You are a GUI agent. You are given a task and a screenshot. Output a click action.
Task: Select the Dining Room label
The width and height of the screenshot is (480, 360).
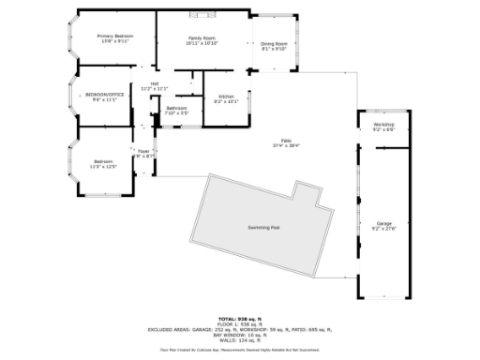click(274, 43)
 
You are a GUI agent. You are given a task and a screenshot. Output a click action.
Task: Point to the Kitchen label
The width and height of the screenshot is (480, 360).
click(226, 97)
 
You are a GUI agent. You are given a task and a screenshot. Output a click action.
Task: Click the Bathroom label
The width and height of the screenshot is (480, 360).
click(177, 108)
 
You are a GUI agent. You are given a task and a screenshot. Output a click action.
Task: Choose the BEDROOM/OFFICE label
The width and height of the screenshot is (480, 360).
click(105, 94)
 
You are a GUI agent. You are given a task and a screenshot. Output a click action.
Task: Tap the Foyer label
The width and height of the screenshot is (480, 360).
click(143, 150)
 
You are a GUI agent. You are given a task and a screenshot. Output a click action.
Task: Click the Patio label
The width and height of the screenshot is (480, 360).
click(286, 141)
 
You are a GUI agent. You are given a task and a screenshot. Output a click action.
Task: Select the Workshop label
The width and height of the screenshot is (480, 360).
click(383, 124)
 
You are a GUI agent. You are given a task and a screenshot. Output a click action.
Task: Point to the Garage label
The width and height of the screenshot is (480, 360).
click(384, 222)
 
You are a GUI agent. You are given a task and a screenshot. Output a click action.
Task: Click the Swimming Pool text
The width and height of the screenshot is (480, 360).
click(263, 227)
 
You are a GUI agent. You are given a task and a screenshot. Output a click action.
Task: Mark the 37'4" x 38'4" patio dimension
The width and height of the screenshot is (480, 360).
click(286, 145)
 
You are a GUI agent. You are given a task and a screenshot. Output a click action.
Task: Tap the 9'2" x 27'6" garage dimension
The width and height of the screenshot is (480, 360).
click(384, 228)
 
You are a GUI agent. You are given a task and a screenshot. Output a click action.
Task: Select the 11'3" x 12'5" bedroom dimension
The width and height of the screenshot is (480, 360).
click(103, 166)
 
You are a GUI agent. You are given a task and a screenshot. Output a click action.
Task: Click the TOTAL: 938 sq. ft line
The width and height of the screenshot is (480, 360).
click(240, 318)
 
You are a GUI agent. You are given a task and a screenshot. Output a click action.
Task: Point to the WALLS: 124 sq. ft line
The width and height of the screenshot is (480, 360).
click(240, 340)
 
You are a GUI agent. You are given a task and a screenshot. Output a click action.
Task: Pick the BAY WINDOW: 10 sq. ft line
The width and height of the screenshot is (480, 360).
click(240, 335)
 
